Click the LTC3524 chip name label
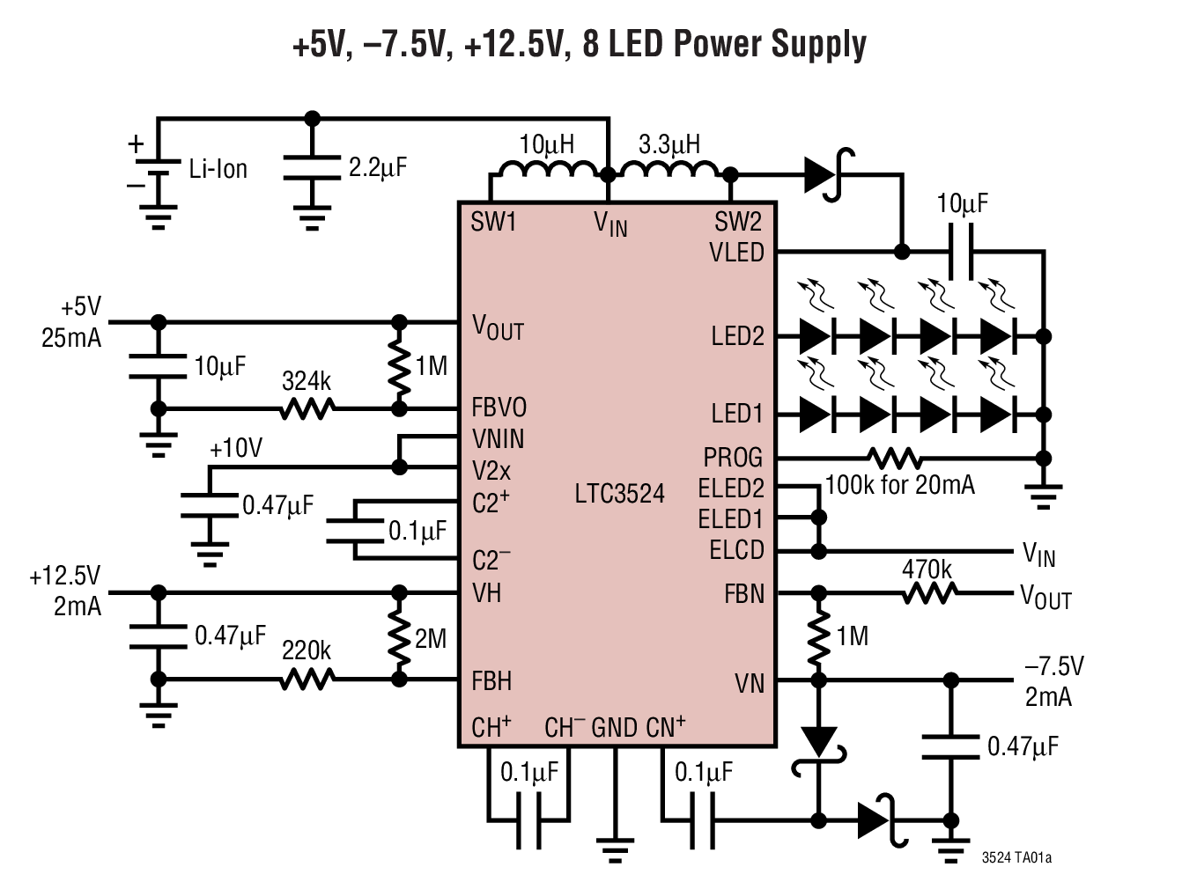[x=619, y=493]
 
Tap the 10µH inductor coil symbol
[x=547, y=169]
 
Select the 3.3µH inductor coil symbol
[x=669, y=169]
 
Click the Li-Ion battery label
[x=218, y=169]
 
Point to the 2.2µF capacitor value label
[x=377, y=167]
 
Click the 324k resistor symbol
[x=307, y=408]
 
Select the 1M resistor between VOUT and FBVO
[x=399, y=366]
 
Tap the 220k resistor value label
[x=306, y=650]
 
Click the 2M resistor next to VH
[x=399, y=636]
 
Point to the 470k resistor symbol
[x=929, y=594]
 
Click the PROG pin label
[x=732, y=458]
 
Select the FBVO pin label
[x=499, y=408]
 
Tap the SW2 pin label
[x=737, y=222]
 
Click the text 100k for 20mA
[x=899, y=485]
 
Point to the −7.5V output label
[x=1054, y=666]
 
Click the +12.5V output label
[x=65, y=577]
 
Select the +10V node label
[x=235, y=448]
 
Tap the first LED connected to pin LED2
[x=816, y=336]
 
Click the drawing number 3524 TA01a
[x=1016, y=857]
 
